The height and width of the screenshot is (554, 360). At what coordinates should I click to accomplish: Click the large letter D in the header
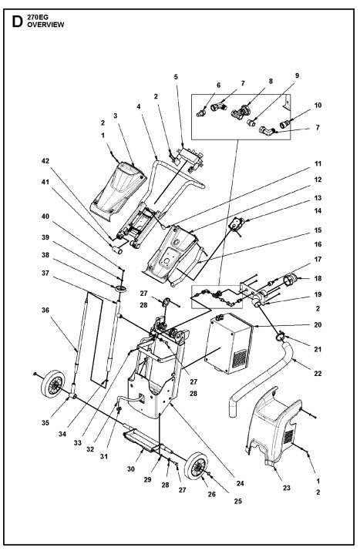coord(15,21)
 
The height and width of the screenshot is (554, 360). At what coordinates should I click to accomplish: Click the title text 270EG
coord(36,16)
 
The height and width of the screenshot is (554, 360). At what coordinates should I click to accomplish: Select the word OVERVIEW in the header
coord(45,25)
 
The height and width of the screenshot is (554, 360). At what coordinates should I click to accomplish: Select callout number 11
coord(317,163)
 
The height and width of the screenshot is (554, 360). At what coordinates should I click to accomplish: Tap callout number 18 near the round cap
coord(317,279)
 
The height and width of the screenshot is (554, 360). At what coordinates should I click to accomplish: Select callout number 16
coord(317,243)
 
